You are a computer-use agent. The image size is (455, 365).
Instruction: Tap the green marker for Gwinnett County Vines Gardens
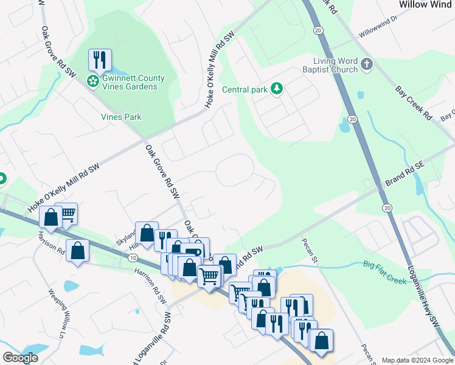(93, 81)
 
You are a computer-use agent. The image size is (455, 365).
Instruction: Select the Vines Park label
(121, 117)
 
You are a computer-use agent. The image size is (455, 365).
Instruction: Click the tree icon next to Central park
(277, 89)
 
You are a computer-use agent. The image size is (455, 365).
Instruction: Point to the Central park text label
(245, 90)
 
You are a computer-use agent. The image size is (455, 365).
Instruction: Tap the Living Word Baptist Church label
(336, 65)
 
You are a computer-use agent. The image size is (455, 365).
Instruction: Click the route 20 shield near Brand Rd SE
(387, 207)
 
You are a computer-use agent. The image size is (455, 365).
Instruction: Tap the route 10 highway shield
(133, 258)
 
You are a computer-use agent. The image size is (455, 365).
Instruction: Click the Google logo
(20, 358)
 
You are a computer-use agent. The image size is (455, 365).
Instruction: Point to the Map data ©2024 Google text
(416, 360)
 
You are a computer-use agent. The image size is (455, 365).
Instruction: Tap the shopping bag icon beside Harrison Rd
(78, 250)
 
